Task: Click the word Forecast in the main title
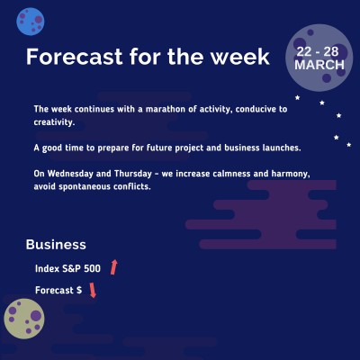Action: coord(71,57)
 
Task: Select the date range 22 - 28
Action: coord(319,52)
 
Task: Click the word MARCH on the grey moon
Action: coord(319,67)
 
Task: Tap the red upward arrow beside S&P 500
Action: coord(114,266)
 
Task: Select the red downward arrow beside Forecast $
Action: coord(93,290)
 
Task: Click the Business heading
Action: coord(56,245)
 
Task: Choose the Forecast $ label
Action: coord(58,291)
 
